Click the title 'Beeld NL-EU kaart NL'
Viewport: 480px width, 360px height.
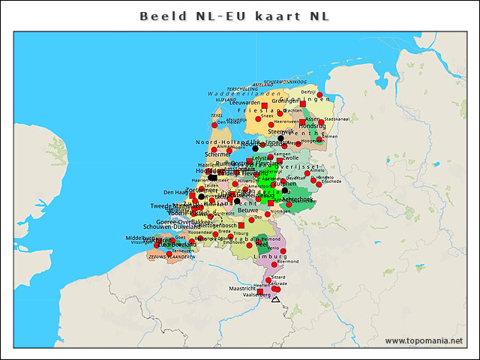[x=234, y=16]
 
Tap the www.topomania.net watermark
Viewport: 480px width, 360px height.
[x=424, y=340]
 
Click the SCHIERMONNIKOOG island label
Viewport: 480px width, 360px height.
[x=285, y=81]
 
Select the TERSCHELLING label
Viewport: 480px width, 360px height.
[x=243, y=88]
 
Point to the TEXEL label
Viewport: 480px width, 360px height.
[x=217, y=115]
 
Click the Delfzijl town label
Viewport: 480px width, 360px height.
[x=308, y=91]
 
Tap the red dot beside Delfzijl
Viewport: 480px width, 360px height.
[x=319, y=94]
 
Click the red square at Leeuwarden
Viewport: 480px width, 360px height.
[x=265, y=106]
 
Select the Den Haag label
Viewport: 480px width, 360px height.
[x=175, y=192]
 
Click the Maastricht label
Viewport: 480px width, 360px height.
[x=243, y=288]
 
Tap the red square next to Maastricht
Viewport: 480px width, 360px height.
[x=260, y=290]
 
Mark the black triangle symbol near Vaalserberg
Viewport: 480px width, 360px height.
[x=275, y=299]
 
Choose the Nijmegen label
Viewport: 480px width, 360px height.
[x=280, y=211]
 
